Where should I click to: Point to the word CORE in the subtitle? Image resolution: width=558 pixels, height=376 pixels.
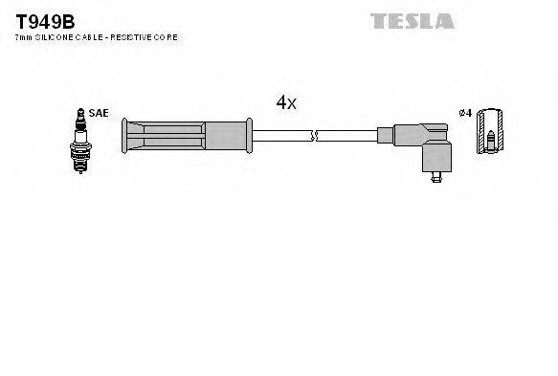pos(167,37)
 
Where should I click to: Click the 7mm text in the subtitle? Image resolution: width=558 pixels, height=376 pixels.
pos(22,37)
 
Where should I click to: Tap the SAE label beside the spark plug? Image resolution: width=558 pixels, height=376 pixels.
pos(98,113)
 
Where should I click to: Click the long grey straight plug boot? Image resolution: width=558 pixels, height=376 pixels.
pos(187,136)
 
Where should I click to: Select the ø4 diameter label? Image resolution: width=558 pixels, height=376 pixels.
pos(465,113)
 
